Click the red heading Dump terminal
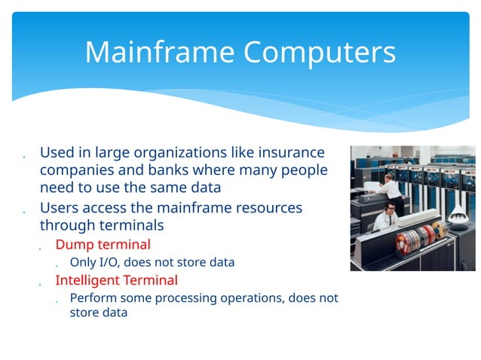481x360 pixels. coord(103,244)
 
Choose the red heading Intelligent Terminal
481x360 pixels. coord(116,280)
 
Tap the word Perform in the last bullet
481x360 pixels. coord(91,297)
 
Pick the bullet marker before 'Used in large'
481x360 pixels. coord(26,157)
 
